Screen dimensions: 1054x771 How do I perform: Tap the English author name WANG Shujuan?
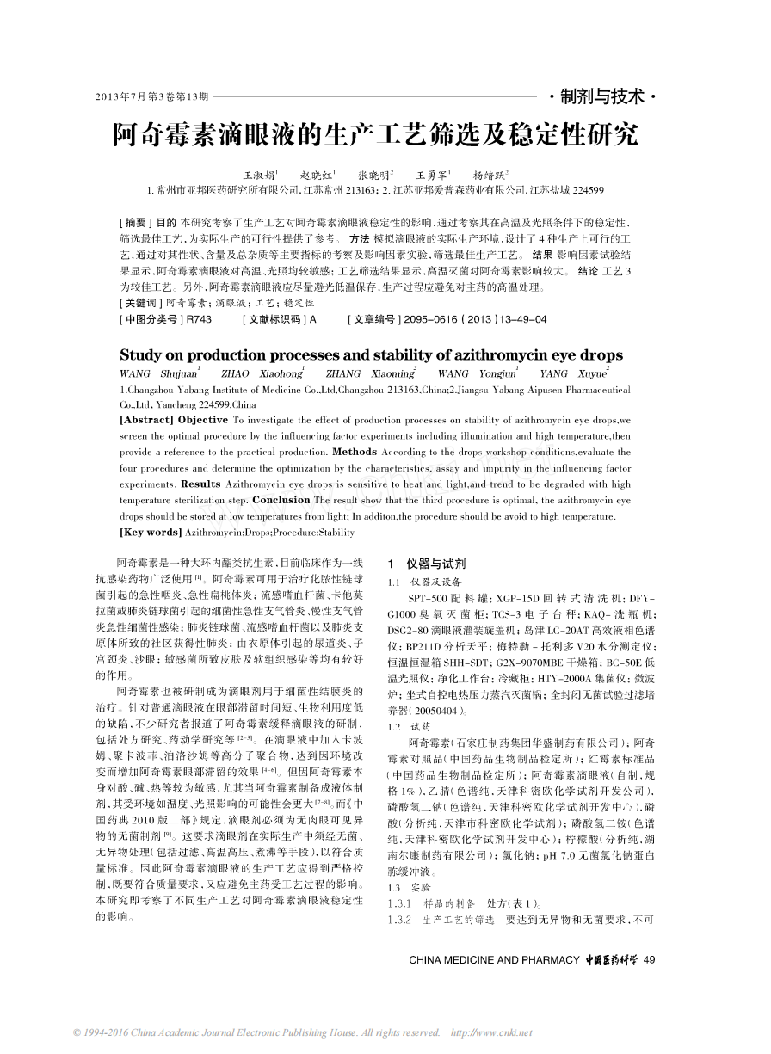pos(158,374)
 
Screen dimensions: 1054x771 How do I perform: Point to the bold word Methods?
pos(354,452)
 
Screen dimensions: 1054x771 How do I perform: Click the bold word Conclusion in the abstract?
pos(281,501)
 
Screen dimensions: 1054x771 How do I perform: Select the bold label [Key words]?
pos(145,533)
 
